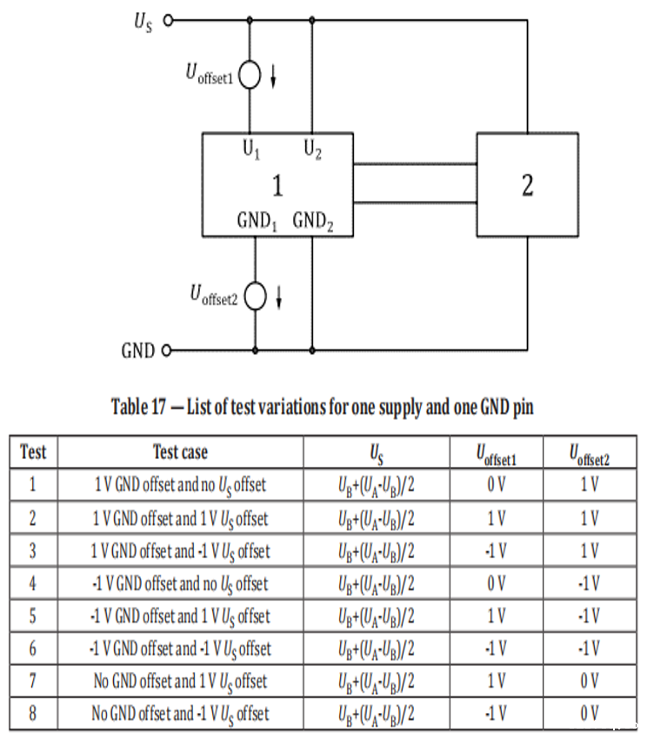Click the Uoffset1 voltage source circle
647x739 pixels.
pyautogui.click(x=250, y=76)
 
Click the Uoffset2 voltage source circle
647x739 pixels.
pyautogui.click(x=255, y=296)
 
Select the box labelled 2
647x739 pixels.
pyautogui.click(x=527, y=184)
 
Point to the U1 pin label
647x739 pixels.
pyautogui.click(x=250, y=150)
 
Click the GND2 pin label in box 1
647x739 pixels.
pyautogui.click(x=312, y=221)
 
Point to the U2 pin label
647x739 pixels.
pyautogui.click(x=312, y=150)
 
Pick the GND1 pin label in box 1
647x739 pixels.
pyautogui.click(x=257, y=221)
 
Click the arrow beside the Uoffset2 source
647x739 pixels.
pyautogui.click(x=278, y=298)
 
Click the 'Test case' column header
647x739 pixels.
pyautogui.click(x=180, y=452)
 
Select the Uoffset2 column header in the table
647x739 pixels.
pyautogui.click(x=590, y=452)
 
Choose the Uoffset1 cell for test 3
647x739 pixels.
pyautogui.click(x=496, y=550)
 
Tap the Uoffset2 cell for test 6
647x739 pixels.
pyautogui.click(x=590, y=649)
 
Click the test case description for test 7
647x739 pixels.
pyautogui.click(x=180, y=681)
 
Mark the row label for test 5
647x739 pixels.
pyautogui.click(x=33, y=616)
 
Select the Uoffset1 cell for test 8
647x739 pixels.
pyautogui.click(x=496, y=714)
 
